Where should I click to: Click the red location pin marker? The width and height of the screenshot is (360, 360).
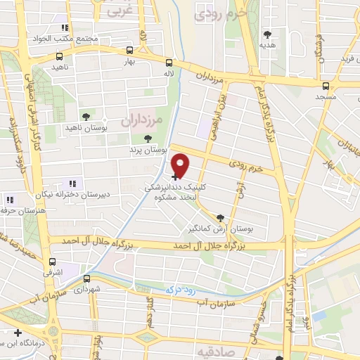[x=181, y=165]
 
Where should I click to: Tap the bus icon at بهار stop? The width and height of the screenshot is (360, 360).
[x=129, y=51]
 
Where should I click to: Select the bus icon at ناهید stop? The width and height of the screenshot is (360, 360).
[x=59, y=56]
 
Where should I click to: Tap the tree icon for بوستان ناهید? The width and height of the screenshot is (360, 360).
[x=86, y=116]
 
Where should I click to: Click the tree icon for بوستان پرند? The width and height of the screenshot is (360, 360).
[x=147, y=139]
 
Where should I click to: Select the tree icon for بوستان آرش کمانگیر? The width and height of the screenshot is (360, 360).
[x=221, y=218]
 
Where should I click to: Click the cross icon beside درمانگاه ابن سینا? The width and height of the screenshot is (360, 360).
[x=18, y=333]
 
